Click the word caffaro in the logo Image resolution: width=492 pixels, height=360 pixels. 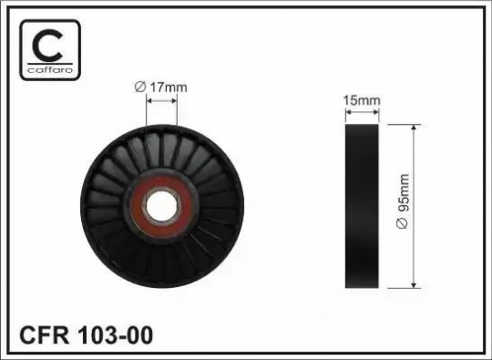coord(50,69)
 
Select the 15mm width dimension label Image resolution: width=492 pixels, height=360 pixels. coord(362,101)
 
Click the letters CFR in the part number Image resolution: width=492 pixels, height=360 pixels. coord(45,334)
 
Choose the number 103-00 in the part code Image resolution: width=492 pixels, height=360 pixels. coord(115,334)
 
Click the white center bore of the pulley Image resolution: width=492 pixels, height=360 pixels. coord(161,206)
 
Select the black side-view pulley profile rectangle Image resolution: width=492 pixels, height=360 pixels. coord(362,206)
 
